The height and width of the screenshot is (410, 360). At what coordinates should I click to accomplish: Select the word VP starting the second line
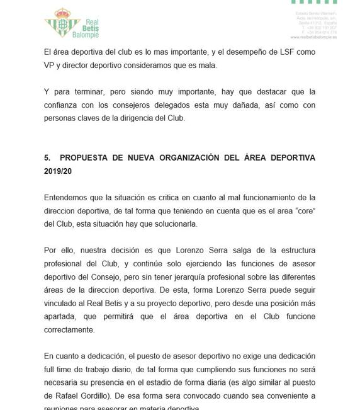click(x=50, y=65)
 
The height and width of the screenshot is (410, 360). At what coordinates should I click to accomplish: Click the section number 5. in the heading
click(x=48, y=158)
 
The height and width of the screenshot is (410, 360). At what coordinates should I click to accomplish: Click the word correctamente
click(x=69, y=329)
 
